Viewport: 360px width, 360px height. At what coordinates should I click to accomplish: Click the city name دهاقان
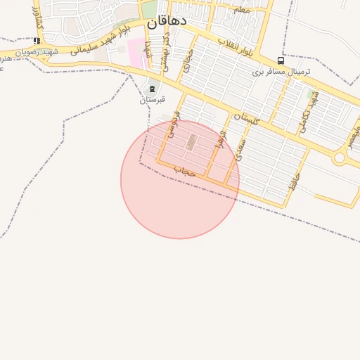[x=167, y=22]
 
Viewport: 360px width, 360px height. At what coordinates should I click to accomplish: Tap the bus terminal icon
[x=281, y=61]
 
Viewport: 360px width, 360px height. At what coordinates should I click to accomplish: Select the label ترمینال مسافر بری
[x=281, y=72]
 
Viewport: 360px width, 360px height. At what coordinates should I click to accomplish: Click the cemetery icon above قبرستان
[x=153, y=89]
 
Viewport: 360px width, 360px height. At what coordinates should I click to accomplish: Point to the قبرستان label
[x=151, y=99]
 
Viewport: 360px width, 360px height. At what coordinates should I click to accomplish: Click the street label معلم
[x=242, y=10]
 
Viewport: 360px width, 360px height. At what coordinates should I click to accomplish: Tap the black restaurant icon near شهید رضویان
[x=37, y=41]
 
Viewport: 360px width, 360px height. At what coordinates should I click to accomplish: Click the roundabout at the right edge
[x=340, y=158]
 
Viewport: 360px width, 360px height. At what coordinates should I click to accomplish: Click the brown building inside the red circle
[x=191, y=142]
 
